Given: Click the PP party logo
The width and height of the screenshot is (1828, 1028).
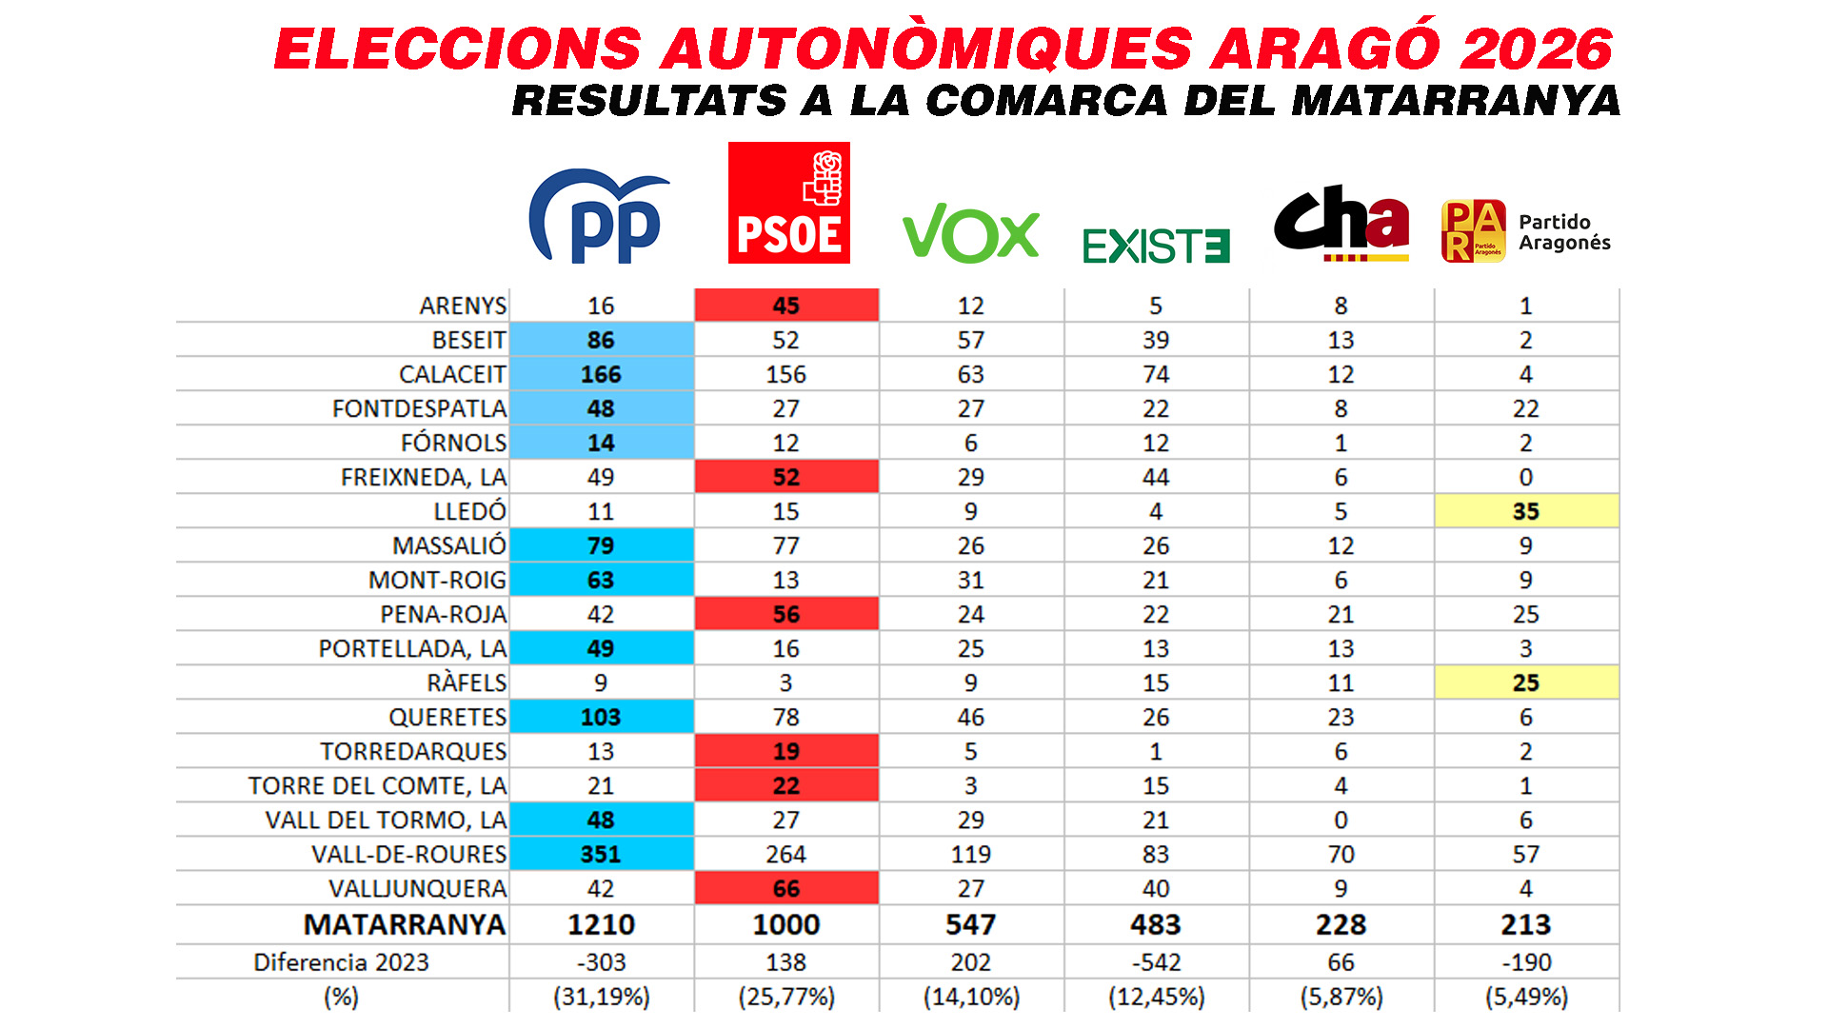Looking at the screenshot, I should click(x=598, y=217).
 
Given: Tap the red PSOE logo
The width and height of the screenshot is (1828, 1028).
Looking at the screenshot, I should click(x=788, y=203).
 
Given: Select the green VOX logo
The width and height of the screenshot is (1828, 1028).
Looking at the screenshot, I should click(x=970, y=233).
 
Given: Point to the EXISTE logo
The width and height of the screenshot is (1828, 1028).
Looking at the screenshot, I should click(x=1156, y=246).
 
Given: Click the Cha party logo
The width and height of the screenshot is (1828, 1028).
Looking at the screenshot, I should click(x=1341, y=224).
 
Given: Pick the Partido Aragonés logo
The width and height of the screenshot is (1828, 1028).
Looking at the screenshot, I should click(x=1525, y=231).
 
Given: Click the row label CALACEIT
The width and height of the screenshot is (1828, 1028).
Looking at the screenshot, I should click(x=452, y=374).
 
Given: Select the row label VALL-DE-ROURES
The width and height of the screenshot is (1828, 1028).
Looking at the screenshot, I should click(x=408, y=854).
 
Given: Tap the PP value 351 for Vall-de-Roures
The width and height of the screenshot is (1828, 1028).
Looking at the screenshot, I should click(x=601, y=854).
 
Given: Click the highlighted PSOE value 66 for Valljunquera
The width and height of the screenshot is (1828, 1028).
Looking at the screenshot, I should click(x=786, y=888).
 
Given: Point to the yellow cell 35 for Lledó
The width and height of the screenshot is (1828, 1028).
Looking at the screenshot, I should click(x=1525, y=511).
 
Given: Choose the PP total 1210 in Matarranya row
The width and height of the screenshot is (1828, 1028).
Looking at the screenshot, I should click(x=601, y=924).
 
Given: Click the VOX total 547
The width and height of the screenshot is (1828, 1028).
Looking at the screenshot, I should click(x=970, y=924).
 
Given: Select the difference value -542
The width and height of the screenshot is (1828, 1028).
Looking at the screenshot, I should click(x=1156, y=962).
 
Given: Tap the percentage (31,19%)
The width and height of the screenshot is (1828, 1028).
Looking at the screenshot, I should click(x=601, y=997).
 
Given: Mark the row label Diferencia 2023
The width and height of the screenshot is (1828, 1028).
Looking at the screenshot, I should click(x=341, y=962).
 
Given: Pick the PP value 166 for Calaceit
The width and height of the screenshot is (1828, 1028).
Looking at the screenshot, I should click(x=601, y=374).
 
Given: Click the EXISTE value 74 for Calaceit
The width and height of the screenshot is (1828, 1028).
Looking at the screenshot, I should click(x=1156, y=374).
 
